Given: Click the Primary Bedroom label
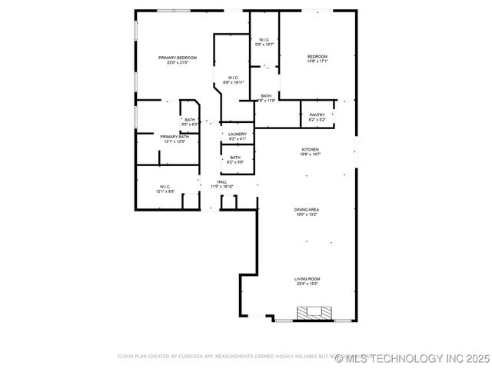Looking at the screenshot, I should pos(178,58).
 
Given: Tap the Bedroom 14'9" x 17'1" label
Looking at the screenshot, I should pos(317,57).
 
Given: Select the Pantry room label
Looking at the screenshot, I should pos(317,115).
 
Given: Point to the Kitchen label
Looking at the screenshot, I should pos(310,149).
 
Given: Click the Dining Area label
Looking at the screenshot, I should pos(307,209).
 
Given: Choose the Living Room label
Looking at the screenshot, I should pos(307,278).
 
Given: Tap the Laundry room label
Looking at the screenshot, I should pos(237,134).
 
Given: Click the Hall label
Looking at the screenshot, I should pos(221,181).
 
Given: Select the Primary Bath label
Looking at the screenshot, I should pos(174,136).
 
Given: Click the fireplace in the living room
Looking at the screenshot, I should pos(314,312).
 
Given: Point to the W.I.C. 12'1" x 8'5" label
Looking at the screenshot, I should pos(165,186).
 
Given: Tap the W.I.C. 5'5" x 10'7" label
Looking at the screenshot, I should pos(264,40).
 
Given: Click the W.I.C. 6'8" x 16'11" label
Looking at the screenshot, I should pos(233,78).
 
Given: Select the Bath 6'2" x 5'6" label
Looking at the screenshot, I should pos(234,158).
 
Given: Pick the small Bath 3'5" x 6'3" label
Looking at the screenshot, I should pos(190,119).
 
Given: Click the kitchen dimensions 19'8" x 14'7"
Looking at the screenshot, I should pos(310,155).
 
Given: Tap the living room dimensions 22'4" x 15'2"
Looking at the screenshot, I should pos(307,284).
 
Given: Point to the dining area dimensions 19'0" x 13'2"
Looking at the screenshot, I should pos(307,214).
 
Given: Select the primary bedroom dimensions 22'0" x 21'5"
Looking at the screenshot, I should pos(178,63).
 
